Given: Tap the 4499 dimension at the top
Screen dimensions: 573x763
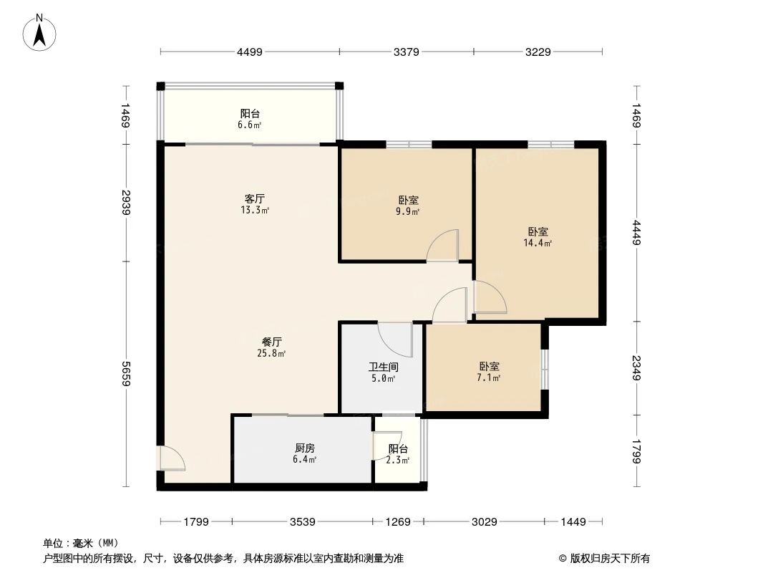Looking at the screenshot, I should (250, 52).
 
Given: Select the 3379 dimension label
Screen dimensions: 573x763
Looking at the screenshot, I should (406, 52).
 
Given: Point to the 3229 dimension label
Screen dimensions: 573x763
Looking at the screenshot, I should (538, 52).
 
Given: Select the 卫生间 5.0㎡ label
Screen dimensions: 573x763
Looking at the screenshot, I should (384, 372).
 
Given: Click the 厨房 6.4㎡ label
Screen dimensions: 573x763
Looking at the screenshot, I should (305, 453).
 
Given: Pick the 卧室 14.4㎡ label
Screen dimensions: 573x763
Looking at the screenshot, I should (538, 237).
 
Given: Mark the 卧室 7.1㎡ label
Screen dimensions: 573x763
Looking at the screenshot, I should (490, 372).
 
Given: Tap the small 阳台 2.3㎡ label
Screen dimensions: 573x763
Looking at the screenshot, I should (398, 454).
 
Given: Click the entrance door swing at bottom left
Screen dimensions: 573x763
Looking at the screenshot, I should (172, 460).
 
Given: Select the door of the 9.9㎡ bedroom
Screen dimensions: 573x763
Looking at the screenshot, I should (443, 246).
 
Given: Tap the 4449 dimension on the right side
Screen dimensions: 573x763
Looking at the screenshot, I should (636, 233).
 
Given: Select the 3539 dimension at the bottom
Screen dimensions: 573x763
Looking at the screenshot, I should (303, 522).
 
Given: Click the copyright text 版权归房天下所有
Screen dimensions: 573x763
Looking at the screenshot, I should (604, 559).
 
